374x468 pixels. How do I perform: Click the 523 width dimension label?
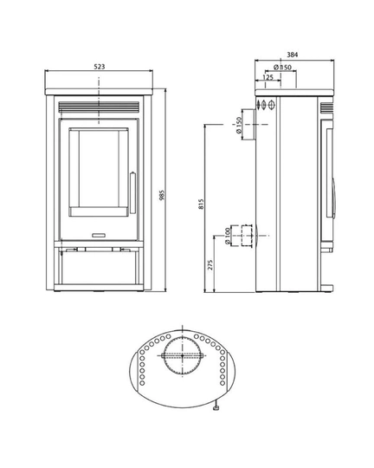click(x=100, y=67)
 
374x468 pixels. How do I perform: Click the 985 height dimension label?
click(x=162, y=195)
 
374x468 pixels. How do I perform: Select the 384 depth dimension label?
click(x=293, y=55)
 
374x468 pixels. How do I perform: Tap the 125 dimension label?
click(x=268, y=77)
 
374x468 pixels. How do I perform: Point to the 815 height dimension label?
click(x=201, y=205)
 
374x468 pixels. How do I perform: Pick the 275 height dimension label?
click(x=210, y=264)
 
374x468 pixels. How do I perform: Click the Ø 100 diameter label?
click(x=228, y=237)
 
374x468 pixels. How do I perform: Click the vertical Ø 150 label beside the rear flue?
click(x=239, y=126)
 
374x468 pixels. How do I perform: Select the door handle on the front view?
click(x=132, y=193)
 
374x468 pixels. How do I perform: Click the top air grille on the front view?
click(x=99, y=107)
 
